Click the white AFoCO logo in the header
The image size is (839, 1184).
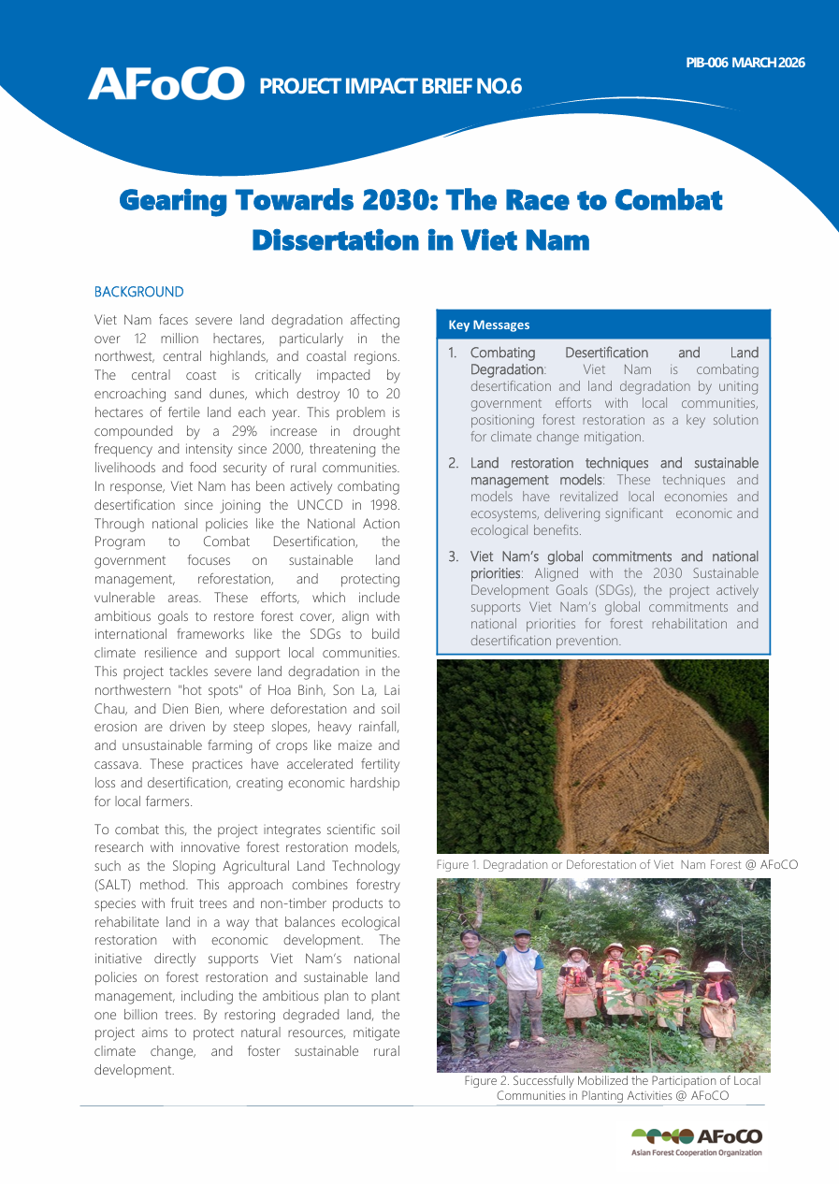pos(166,84)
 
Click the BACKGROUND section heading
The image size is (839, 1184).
pos(139,293)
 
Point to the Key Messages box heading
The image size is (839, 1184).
pos(489,325)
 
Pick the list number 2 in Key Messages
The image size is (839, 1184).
pos(453,464)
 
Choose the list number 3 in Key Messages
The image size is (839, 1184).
pos(453,557)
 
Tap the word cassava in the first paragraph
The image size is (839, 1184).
pos(121,765)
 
